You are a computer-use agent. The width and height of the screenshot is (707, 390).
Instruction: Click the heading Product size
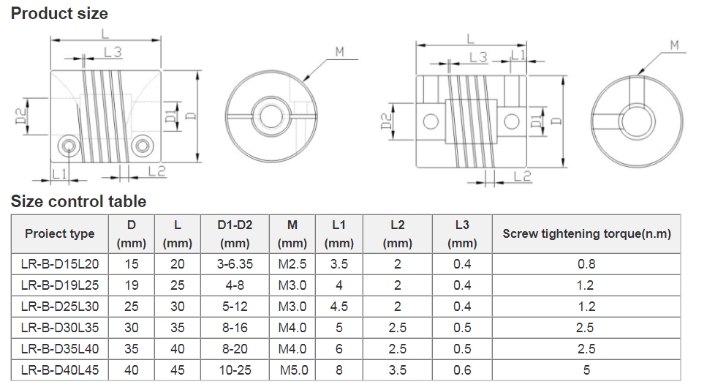[x=59, y=13]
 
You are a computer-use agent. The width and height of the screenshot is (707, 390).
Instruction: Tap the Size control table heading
[x=78, y=201]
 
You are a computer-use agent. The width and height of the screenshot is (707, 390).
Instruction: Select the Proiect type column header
[x=59, y=234]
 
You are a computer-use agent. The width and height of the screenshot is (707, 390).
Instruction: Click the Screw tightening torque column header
[x=586, y=234]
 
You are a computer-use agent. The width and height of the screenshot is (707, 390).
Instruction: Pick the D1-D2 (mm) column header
[x=235, y=234]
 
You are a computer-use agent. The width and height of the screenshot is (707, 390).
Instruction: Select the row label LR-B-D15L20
[x=59, y=264]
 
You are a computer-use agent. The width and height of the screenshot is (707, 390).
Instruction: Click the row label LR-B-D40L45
[x=59, y=370]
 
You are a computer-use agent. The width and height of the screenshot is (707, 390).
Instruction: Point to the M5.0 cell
[x=294, y=370]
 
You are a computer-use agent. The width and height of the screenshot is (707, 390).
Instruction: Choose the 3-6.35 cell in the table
[x=235, y=264]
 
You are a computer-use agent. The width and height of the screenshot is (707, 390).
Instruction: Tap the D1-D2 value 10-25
[x=235, y=370]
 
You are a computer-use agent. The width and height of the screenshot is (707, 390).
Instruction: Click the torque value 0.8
[x=586, y=264]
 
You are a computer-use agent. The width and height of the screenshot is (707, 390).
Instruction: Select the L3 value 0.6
[x=462, y=370]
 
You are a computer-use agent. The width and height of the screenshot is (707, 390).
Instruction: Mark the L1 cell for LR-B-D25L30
[x=339, y=307]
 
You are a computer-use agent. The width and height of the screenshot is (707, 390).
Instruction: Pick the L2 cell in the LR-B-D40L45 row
[x=397, y=370]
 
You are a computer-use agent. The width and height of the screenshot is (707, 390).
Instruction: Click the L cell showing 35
[x=178, y=328]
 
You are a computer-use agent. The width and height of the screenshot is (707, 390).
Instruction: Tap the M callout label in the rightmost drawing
[x=674, y=45]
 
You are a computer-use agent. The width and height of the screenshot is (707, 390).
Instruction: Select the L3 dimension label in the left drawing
[x=113, y=52]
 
